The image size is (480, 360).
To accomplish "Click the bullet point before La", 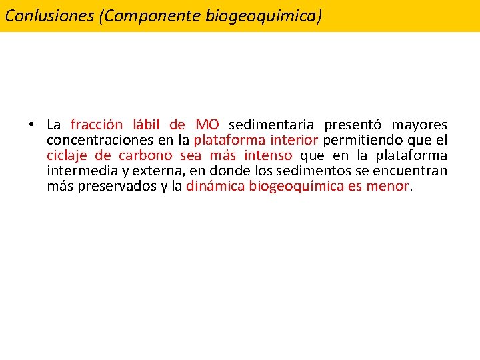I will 31,125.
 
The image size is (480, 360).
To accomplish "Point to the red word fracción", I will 97,125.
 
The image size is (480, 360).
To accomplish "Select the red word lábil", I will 147,125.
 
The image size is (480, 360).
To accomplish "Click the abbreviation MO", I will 207,125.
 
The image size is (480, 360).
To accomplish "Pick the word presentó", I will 353,125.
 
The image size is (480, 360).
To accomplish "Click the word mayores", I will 419,125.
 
